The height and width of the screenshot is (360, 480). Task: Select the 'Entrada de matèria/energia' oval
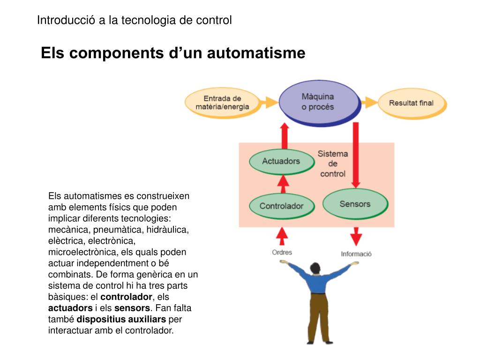pos(222,103)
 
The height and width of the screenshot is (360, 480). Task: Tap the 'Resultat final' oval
pos(411,103)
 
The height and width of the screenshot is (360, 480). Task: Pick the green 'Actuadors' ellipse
pos(281,161)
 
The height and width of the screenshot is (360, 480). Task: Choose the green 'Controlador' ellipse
pos(281,206)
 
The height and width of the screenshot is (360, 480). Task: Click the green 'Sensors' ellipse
pos(355,204)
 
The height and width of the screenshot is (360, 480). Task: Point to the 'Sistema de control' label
pos(333,164)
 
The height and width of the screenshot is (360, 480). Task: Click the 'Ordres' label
pos(282,252)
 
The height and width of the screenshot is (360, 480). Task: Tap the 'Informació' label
pos(356,254)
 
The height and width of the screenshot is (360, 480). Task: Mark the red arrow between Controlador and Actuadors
pos(282,183)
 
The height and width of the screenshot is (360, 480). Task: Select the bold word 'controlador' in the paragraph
pos(126,297)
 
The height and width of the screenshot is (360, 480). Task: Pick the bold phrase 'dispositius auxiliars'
pos(121,320)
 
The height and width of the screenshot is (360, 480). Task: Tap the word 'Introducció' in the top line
pos(66,20)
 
